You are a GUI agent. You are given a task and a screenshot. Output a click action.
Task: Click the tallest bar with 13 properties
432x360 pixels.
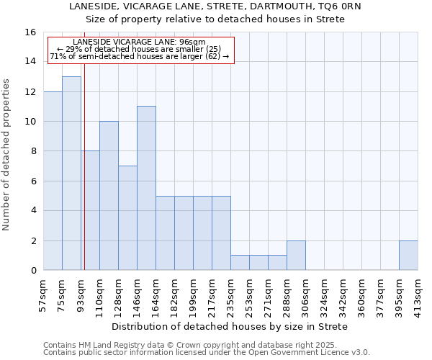tap(71, 173)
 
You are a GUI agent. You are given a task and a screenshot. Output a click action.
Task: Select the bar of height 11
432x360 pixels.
tap(146, 188)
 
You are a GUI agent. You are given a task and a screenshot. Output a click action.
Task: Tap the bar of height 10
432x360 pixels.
tap(109, 195)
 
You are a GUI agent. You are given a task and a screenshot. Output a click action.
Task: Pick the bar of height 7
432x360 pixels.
tap(127, 217)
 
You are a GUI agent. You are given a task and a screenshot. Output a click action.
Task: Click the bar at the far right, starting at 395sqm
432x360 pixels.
tap(408, 255)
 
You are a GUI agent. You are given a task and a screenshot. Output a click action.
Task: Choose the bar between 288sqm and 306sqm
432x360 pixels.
tap(296, 255)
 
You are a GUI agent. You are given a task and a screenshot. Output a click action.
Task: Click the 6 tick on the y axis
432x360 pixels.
tap(33, 181)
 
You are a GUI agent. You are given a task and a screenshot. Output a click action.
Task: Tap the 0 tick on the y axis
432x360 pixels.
tap(33, 270)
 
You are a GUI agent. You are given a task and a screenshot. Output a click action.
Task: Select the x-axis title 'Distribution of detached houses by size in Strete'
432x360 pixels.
tap(230, 326)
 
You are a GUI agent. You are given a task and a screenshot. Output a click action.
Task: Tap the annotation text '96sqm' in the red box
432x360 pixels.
tap(193, 42)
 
